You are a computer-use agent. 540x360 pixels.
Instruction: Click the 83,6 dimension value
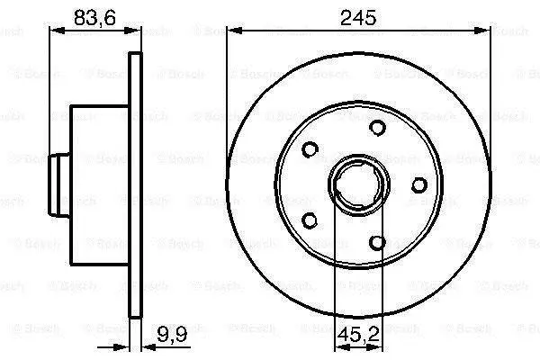[94, 18]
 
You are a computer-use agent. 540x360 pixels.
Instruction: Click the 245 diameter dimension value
[358, 18]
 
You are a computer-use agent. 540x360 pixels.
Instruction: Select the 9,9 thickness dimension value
[172, 334]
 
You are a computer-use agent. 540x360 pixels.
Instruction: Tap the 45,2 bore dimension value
[358, 335]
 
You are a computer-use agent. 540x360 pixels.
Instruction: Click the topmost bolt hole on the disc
[377, 128]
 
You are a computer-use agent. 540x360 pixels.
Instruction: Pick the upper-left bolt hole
[310, 149]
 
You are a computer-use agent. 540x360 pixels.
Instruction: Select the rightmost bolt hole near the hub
[419, 185]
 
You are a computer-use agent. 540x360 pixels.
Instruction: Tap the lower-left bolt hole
[310, 220]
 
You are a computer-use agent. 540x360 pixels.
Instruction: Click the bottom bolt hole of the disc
[377, 242]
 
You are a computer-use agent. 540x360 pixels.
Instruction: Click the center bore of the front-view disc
[358, 185]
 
